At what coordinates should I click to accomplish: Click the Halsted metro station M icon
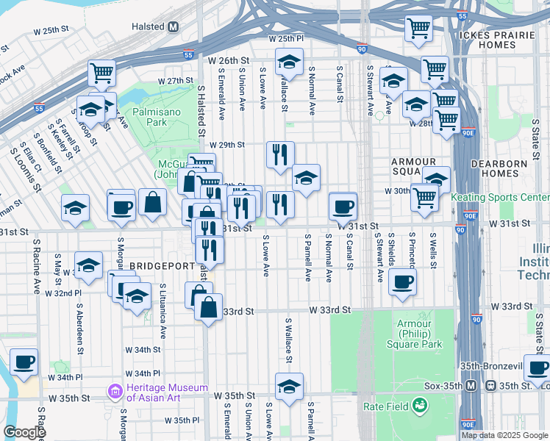[x=174, y=27]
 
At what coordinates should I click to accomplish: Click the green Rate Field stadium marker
[x=419, y=405]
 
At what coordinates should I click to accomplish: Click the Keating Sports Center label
[x=499, y=198]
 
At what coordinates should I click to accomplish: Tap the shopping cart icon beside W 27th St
[x=101, y=72]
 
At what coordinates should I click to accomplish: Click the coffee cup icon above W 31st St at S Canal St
[x=343, y=205]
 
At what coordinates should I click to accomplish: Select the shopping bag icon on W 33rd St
[x=209, y=307]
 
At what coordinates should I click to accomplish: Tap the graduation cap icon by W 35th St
[x=290, y=385]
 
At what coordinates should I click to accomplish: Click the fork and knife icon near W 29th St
[x=280, y=154]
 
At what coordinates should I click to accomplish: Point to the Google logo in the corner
[x=24, y=432]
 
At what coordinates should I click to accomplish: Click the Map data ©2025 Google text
[x=503, y=435]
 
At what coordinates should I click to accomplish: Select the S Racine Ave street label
[x=35, y=276]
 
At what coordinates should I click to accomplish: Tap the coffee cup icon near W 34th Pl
[x=24, y=362]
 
